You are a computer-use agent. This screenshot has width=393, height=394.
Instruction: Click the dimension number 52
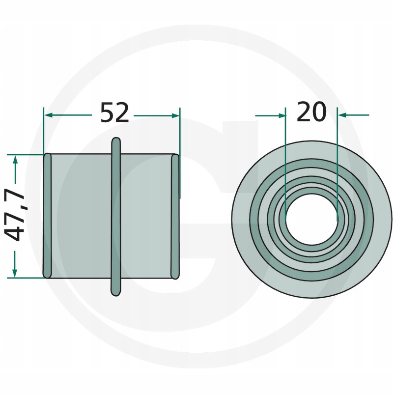click(114, 113)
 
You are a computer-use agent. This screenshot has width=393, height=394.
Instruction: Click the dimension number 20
click(311, 112)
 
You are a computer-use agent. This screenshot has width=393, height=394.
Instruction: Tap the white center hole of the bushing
click(311, 219)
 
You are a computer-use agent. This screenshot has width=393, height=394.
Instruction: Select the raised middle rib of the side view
click(116, 217)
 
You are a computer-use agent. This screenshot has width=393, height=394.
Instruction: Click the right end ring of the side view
click(175, 217)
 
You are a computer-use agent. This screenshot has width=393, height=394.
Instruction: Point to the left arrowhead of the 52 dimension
click(48, 115)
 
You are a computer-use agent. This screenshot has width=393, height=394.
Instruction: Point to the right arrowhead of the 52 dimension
click(175, 115)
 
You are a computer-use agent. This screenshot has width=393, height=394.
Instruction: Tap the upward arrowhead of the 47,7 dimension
click(15, 160)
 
